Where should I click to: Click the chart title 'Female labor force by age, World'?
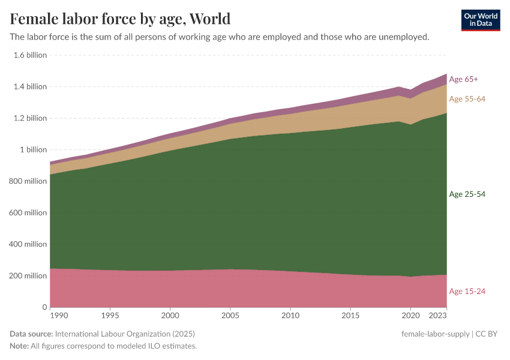[120, 19]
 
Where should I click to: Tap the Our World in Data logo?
[481, 19]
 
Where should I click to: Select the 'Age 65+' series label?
[463, 79]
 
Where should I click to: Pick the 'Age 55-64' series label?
[467, 99]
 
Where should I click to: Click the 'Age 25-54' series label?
[467, 194]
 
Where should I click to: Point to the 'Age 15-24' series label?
[467, 292]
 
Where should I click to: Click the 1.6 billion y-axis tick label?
[30, 55]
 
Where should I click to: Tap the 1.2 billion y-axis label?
[30, 118]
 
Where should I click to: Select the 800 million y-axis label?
[28, 181]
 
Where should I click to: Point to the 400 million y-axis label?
[28, 244]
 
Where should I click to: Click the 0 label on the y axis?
[44, 307]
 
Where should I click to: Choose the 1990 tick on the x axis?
[58, 315]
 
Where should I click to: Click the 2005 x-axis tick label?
[230, 315]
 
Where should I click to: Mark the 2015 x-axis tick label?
[350, 315]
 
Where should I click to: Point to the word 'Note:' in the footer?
[20, 346]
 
